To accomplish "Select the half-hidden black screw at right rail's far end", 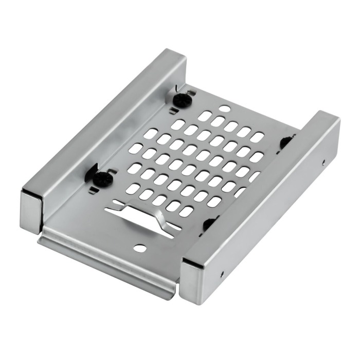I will point(284,143).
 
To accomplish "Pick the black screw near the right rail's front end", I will point(209,224).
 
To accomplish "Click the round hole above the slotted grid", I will point(225,109).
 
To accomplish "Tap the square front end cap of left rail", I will point(30,211).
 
